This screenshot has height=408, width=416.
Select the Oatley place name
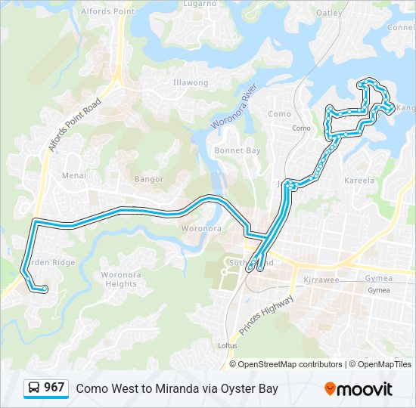tap(329, 12)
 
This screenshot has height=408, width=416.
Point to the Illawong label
tap(191, 82)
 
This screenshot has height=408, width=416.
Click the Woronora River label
tap(234, 110)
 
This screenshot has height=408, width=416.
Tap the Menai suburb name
tap(74, 175)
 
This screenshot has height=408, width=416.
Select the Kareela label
tap(359, 181)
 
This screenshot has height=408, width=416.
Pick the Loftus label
tap(227, 345)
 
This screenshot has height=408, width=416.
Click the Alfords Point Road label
tap(75, 124)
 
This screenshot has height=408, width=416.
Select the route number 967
tap(54, 388)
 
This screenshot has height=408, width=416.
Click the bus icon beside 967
tap(34, 388)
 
